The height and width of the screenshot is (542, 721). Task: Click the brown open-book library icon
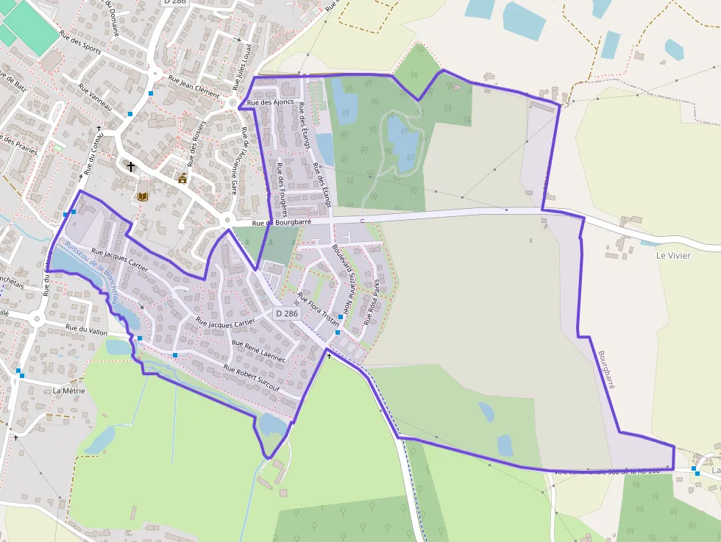coord(143,196)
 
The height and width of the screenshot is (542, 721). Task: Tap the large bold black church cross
coord(131,167)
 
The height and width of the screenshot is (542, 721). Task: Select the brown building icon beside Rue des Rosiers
coord(182,178)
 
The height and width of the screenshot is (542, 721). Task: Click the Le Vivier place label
coord(674,255)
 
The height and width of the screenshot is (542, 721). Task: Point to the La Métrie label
coord(69,391)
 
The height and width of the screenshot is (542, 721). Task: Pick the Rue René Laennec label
coord(258,349)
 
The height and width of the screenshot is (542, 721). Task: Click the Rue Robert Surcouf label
coord(252,377)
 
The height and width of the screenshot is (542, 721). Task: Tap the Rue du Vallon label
coord(87,330)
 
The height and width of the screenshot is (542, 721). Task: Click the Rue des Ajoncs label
coord(271,102)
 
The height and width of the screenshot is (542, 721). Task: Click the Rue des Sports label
coord(81,47)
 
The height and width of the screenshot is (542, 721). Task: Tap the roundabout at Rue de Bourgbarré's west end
coord(227,220)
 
